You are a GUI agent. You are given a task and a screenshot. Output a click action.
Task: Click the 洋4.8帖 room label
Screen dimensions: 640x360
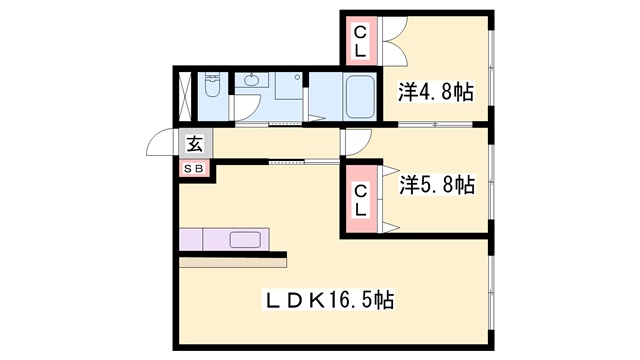click(x=436, y=92)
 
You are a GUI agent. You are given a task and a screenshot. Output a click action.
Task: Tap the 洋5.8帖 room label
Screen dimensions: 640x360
click(x=437, y=184)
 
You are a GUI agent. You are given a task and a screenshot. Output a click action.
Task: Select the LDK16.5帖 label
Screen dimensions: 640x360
click(x=330, y=300)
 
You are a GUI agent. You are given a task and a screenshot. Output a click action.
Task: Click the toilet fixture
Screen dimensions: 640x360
click(x=212, y=84)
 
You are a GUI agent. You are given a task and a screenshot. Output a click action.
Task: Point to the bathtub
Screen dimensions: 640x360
click(x=360, y=96)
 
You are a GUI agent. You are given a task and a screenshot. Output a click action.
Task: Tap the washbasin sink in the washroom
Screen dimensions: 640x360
click(x=251, y=80)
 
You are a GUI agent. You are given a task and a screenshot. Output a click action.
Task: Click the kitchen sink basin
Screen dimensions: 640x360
click(x=245, y=240)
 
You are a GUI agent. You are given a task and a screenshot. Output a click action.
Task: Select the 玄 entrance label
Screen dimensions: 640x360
click(x=194, y=144)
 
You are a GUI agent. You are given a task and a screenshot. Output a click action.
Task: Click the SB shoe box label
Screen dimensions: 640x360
click(x=194, y=169)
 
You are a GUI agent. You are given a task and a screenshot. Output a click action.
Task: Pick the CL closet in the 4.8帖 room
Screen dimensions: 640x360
click(x=360, y=40)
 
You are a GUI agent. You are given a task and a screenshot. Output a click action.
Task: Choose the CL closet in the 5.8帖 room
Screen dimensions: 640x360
click(x=360, y=200)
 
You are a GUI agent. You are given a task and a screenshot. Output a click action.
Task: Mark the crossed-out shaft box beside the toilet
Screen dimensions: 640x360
click(x=185, y=97)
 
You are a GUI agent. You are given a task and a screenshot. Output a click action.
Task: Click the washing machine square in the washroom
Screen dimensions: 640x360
click(x=289, y=85)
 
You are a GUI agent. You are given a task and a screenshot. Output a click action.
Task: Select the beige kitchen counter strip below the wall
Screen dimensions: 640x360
click(x=233, y=262)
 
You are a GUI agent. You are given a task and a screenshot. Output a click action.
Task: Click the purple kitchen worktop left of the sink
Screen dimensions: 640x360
click(x=191, y=239)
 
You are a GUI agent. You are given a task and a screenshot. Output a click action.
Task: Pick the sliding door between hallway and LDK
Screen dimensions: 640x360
click(x=304, y=162)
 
